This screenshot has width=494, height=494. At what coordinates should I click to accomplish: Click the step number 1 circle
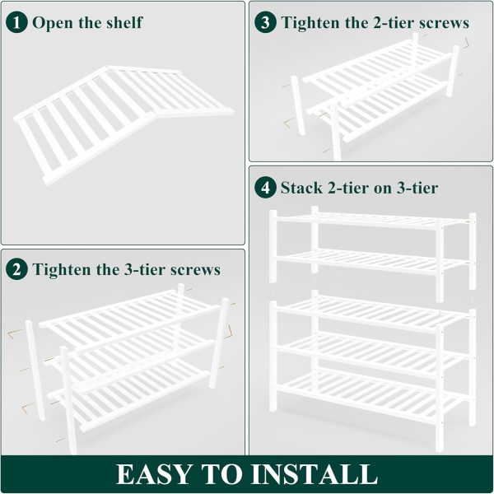click(16, 23)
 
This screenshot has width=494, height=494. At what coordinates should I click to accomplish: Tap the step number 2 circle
click(16, 270)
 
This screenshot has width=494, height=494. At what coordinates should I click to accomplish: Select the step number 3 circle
click(265, 23)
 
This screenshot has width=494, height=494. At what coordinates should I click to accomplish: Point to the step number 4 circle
click(265, 188)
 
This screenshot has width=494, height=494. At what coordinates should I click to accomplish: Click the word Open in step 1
click(54, 23)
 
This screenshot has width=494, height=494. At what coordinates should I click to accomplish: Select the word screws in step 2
click(195, 271)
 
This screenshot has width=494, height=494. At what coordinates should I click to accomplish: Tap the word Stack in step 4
click(301, 188)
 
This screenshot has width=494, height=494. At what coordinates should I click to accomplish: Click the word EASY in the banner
click(153, 474)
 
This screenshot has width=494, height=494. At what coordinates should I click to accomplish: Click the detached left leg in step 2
click(35, 370)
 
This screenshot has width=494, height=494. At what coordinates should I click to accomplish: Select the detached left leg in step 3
click(298, 105)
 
